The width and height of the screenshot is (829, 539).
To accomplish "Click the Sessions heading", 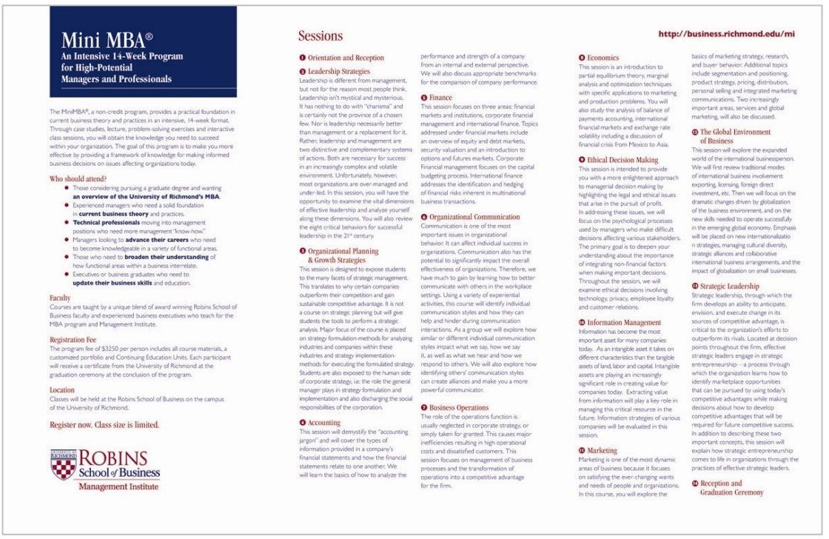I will point(320,36).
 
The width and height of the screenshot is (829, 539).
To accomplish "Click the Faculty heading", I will point(60,298).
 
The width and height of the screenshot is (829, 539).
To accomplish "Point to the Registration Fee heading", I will point(76,339).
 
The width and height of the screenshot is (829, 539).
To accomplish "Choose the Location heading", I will point(62,389).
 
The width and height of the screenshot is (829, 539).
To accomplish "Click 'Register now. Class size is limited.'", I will point(104,426).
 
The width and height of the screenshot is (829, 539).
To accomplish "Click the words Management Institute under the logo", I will point(118,486).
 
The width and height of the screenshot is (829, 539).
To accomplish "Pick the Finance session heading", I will point(440,97).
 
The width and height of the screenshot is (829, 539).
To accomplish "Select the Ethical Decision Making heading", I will point(622,159).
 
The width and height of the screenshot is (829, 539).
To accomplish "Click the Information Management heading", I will point(624,323).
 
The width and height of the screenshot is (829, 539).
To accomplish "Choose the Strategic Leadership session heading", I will point(729,286).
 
